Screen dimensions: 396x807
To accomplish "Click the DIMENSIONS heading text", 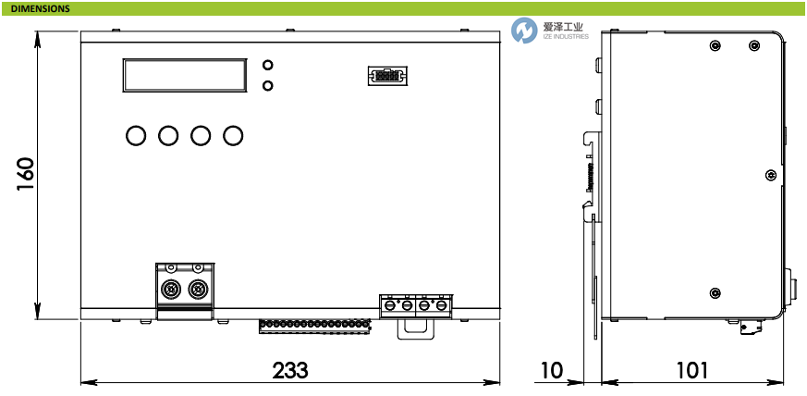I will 40,8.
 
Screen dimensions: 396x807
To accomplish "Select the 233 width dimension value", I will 289,370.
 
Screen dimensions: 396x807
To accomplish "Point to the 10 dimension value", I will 551,370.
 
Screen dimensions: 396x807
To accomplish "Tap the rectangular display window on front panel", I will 186,75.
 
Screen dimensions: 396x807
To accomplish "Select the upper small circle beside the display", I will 268,66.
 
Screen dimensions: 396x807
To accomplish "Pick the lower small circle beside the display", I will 268,86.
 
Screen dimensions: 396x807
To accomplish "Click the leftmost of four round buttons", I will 135,136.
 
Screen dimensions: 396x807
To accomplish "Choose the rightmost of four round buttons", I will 233,136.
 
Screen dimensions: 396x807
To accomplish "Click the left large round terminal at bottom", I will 171,289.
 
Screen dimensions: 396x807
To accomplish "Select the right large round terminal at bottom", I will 197,289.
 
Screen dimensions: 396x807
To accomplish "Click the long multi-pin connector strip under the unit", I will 313,326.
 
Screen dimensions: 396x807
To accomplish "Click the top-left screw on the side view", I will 714,46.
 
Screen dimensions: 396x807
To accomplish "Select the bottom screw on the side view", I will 714,293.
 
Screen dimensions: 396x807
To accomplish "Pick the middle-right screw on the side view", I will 770,174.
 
